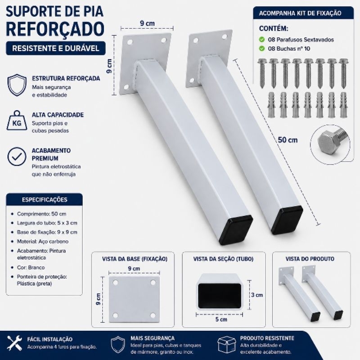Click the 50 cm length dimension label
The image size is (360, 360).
coord(288,140)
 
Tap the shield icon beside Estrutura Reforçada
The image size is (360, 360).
coord(17,85)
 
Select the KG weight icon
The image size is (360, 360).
coord(17,122)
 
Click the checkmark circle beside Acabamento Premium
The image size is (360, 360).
coord(17,157)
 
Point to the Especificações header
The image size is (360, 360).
coord(45,199)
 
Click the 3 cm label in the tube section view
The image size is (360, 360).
coord(256,295)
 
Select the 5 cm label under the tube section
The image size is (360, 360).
coord(221,319)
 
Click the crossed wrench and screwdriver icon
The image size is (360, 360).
coord(14,343)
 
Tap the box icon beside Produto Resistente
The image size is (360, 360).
coord(227,345)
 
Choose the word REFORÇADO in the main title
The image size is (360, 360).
coord(55,28)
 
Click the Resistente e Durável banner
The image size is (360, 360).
coord(55,48)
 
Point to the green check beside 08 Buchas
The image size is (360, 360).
coord(262,49)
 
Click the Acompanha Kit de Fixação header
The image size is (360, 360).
coord(300,13)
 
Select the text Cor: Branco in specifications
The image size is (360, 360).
coord(31,267)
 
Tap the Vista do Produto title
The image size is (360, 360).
coord(310,259)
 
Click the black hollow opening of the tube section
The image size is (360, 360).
coord(220,295)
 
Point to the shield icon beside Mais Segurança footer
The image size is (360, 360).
coord(117,344)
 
